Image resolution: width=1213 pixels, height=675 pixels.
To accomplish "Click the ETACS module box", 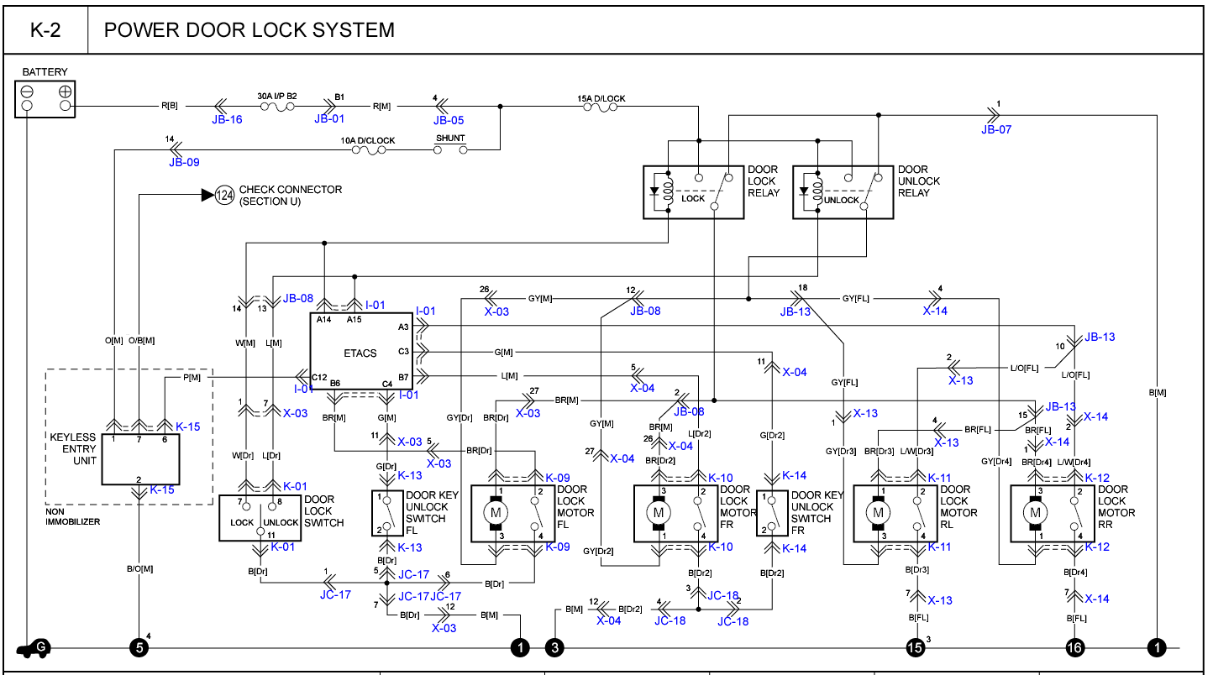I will [360, 353].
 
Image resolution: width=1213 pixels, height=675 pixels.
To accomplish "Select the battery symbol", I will [45, 98].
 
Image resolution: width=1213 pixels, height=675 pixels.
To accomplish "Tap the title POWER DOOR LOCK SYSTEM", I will [249, 30].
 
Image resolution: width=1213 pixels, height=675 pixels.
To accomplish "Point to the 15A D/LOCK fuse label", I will [601, 98].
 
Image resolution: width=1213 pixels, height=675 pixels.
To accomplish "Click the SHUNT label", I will [450, 139].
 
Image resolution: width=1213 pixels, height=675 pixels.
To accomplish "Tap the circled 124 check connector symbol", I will [224, 195].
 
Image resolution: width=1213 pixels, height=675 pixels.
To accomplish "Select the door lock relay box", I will [693, 192].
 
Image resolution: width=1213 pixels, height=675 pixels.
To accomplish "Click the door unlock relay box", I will [843, 192].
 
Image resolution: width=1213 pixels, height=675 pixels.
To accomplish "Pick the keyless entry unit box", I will [141, 459].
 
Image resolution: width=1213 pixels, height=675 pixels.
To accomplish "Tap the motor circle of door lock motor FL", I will [496, 512].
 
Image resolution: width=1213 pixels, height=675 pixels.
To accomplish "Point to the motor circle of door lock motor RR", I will [1035, 512].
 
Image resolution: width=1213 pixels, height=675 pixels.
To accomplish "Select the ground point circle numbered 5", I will [139, 647].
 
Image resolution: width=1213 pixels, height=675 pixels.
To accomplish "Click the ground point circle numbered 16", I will [1074, 647].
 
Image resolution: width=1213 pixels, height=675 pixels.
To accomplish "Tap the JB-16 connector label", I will [227, 119].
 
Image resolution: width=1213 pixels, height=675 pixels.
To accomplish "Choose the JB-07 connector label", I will [996, 129].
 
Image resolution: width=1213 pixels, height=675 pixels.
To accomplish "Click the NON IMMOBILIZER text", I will [73, 516].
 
